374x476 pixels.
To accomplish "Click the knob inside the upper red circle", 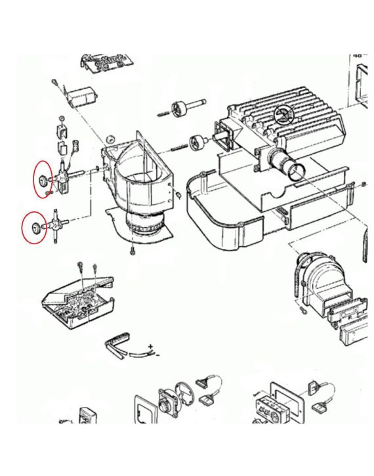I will click(43, 180).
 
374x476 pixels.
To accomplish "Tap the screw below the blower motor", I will click(133, 251).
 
